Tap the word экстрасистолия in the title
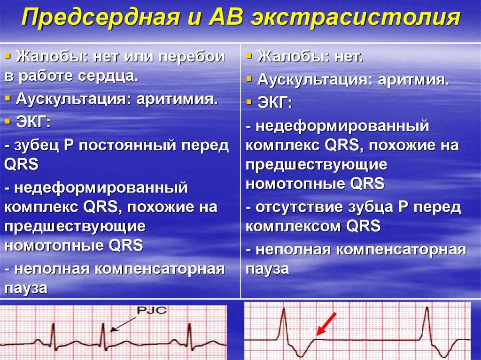click(356, 17)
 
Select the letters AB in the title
click(225, 17)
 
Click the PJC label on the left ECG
click(151, 310)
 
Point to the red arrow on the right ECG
click(326, 324)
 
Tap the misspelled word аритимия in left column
click(177, 99)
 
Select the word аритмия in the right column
click(413, 80)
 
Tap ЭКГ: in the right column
click(274, 103)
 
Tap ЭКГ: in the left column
click(33, 123)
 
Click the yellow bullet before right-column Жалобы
click(249, 56)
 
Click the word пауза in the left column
click(26, 288)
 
